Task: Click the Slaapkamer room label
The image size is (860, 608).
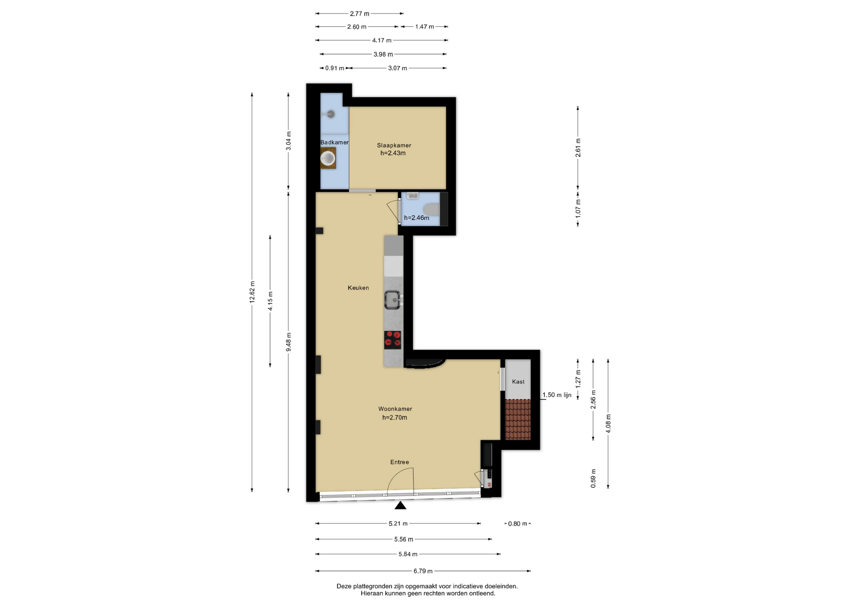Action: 394,145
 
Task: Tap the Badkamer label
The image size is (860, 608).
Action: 334,142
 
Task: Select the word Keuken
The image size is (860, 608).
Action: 358,288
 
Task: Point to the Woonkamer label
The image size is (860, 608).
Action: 395,409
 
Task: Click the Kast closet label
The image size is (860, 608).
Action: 518,381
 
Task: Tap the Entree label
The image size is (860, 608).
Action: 400,462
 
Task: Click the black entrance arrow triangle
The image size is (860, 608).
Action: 400,505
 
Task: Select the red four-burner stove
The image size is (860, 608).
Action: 393,340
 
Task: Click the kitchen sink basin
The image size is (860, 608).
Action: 393,300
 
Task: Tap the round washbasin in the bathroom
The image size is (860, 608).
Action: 328,158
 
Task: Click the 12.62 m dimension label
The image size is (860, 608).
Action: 252,292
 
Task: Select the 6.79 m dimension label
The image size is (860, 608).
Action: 423,571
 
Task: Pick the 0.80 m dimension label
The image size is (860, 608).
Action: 518,523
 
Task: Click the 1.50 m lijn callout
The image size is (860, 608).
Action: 557,395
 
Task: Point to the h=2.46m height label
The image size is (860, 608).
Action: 417,218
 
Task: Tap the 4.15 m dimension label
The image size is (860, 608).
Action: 270,301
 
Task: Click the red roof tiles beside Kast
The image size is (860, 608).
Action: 518,420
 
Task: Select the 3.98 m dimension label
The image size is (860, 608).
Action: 383,54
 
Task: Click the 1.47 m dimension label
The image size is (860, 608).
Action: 424,26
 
